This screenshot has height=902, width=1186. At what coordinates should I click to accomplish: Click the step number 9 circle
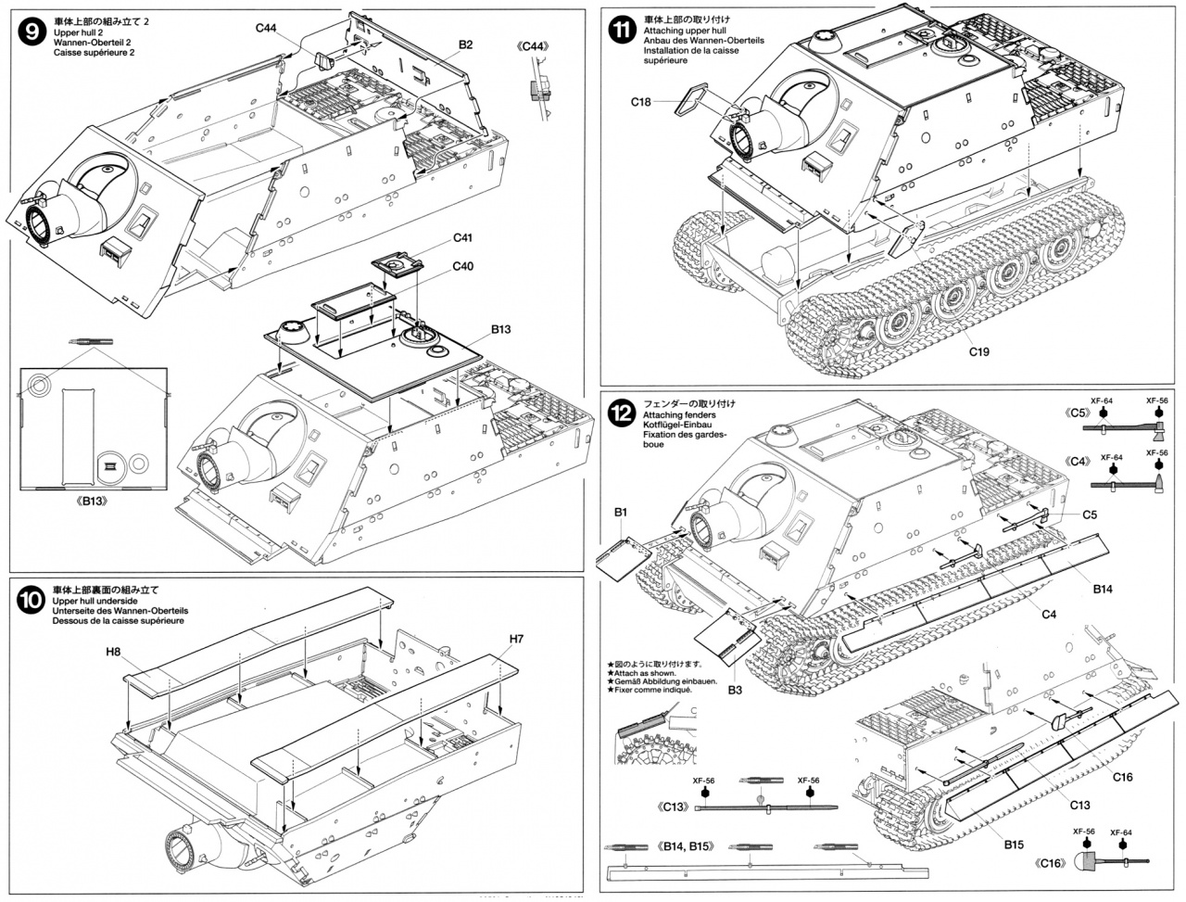click(x=32, y=32)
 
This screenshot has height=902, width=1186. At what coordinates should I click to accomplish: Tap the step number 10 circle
click(x=32, y=601)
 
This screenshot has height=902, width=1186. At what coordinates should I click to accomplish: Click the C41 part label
click(x=465, y=237)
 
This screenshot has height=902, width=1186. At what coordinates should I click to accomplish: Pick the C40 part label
click(x=464, y=266)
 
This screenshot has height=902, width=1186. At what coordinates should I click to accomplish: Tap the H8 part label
click(x=114, y=652)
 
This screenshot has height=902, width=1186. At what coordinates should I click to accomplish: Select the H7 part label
click(x=516, y=638)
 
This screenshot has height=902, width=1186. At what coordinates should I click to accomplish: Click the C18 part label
click(x=642, y=101)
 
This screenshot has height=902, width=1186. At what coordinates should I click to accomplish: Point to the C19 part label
click(x=979, y=351)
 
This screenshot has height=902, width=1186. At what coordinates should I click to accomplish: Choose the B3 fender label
click(x=735, y=690)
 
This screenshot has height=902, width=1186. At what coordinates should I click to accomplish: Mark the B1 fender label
click(x=620, y=512)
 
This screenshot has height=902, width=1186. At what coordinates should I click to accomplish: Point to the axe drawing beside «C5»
click(x=1137, y=428)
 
